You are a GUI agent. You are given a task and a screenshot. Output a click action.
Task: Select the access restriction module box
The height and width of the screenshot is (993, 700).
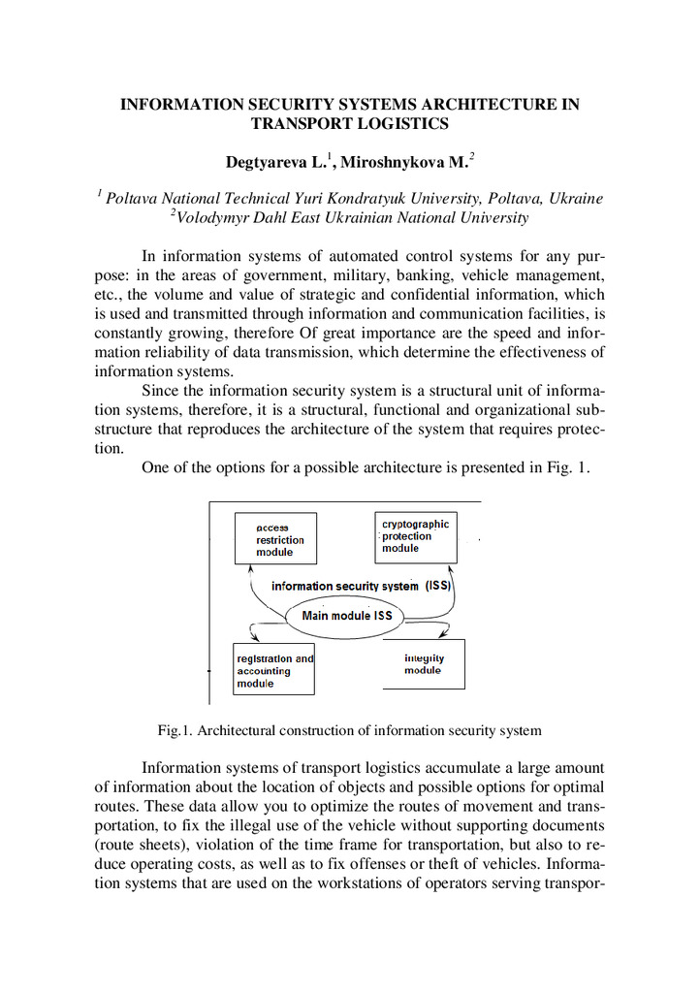click(x=275, y=539)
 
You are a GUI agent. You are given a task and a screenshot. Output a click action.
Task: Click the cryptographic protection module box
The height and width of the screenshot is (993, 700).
click(x=415, y=536)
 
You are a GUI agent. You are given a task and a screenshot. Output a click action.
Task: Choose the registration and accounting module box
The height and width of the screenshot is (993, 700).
click(x=274, y=670)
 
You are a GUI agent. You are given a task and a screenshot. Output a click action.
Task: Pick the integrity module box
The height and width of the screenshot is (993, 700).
click(x=424, y=664)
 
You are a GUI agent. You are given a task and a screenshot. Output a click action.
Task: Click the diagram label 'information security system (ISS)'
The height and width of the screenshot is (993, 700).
click(x=362, y=586)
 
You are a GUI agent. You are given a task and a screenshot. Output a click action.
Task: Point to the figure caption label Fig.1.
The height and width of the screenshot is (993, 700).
click(x=175, y=729)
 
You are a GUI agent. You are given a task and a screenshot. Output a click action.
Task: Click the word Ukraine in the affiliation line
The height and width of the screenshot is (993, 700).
click(x=576, y=198)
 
